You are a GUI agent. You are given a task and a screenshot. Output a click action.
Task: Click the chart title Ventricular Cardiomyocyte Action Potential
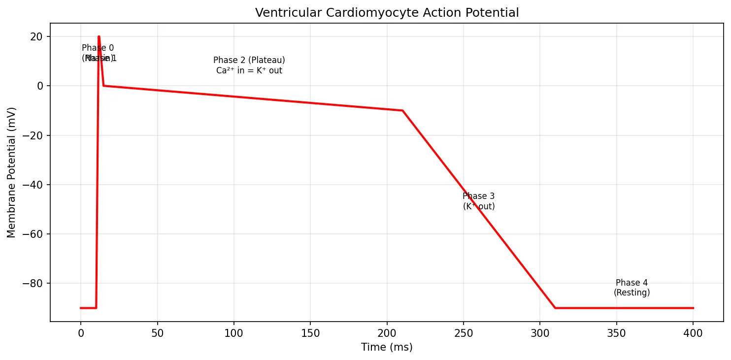(387, 13)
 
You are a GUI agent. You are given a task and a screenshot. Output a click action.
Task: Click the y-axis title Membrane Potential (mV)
(11, 172)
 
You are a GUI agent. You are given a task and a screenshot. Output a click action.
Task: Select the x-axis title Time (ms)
(387, 347)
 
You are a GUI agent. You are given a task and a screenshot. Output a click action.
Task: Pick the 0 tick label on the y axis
(41, 86)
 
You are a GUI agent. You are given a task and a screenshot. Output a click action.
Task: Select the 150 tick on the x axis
(310, 333)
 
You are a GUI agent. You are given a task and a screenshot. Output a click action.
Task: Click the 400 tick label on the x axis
(693, 333)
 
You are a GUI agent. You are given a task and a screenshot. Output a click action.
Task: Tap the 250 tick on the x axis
(464, 333)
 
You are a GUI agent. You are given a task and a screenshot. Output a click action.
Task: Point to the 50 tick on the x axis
(157, 333)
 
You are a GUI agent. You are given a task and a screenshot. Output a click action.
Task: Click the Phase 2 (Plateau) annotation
(249, 60)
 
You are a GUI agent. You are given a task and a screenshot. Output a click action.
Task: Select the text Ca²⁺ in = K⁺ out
(249, 70)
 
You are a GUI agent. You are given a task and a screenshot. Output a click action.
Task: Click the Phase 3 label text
(478, 196)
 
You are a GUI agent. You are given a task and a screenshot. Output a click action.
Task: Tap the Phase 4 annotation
(631, 283)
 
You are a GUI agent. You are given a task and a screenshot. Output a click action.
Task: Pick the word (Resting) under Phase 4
(631, 293)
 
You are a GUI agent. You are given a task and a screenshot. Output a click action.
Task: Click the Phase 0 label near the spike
(98, 48)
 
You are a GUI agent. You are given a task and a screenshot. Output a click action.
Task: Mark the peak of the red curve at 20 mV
(99, 36)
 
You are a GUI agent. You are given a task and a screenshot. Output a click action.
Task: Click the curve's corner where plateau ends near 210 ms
(402, 110)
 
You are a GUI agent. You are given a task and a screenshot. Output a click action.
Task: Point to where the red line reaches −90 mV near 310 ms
(555, 308)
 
